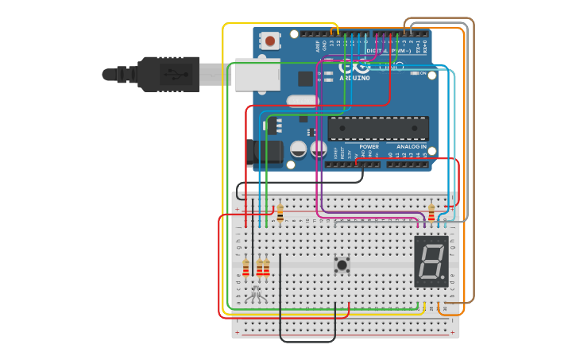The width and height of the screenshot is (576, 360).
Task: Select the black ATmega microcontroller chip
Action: tap(378, 128)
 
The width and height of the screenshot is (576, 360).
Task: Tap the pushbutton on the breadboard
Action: tap(342, 265)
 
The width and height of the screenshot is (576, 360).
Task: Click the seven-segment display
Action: tap(431, 261)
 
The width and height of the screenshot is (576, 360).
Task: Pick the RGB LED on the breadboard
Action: tap(255, 296)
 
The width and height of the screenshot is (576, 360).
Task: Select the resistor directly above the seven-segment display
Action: tap(431, 212)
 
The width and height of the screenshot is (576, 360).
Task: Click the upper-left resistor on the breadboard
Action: tap(280, 212)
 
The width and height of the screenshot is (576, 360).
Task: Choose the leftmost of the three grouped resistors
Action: tap(245, 267)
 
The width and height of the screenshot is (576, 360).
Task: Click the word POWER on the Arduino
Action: tap(369, 147)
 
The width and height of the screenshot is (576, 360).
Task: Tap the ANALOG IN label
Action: tap(412, 147)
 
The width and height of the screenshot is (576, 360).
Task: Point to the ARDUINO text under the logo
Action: tap(354, 78)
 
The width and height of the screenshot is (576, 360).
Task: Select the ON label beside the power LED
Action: tap(423, 73)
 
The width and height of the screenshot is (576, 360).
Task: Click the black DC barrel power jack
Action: tap(265, 152)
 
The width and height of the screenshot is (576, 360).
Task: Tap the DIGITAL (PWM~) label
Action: tap(384, 52)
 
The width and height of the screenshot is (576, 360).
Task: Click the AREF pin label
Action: tap(318, 46)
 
